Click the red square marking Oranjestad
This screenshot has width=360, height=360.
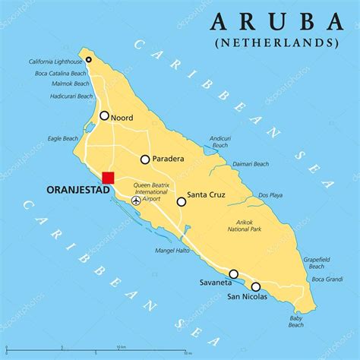pos(108,178)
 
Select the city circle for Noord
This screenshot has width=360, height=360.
pos(104,116)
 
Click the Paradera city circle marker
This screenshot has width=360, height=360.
pos(145,159)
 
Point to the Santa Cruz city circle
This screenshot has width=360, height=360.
pos(182,201)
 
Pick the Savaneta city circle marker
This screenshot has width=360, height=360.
pos(233,274)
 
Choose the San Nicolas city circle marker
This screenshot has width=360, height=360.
pos(256,286)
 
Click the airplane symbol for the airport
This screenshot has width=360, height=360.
pos(136,201)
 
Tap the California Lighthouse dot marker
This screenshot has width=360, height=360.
pos(89,59)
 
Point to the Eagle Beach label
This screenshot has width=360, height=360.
pos(63,139)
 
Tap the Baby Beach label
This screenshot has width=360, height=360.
pos(295,321)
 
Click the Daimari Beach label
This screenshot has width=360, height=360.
pos(250,164)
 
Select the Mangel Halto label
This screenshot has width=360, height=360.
pos(171,250)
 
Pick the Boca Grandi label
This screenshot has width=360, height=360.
pos(327,279)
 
